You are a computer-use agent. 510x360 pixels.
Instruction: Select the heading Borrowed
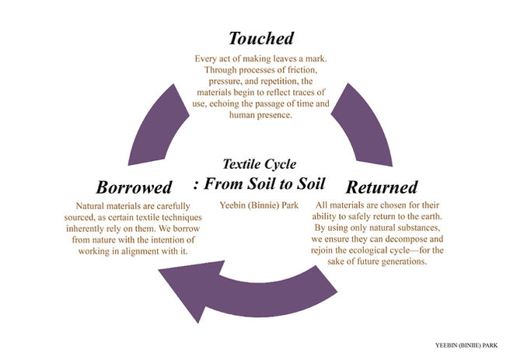pos(134,187)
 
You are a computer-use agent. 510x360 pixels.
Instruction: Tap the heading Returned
pos(382,187)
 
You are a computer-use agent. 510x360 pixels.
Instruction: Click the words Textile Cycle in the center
pos(258,164)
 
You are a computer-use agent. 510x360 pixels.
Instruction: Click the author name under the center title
pos(258,205)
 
